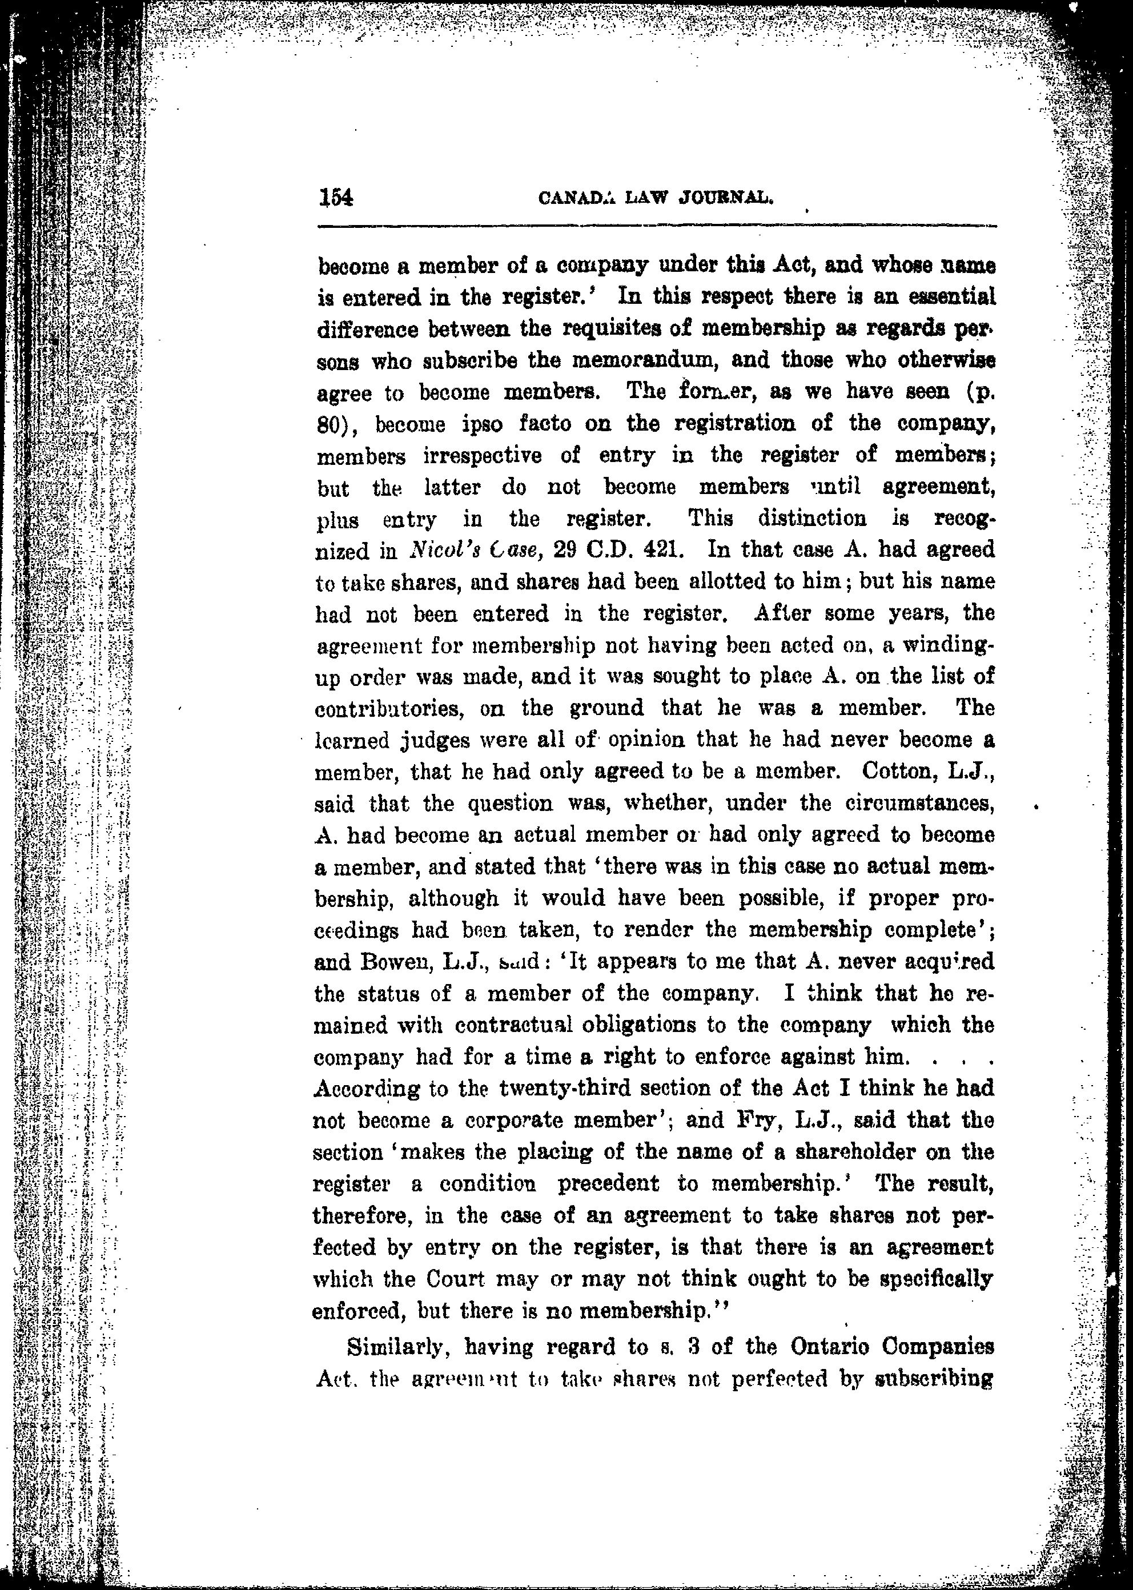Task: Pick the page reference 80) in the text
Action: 337,424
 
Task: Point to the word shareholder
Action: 844,1152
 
